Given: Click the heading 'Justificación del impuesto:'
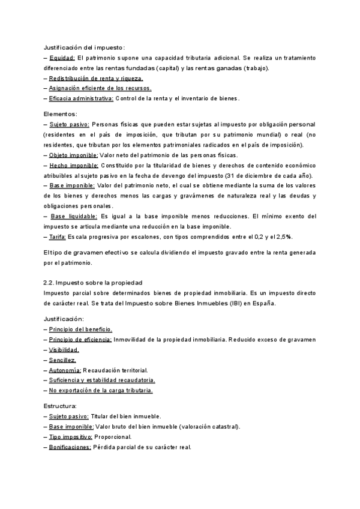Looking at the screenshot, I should [85, 47].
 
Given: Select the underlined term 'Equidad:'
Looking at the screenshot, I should [62, 58].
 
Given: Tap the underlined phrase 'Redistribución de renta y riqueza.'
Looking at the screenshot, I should [96, 78].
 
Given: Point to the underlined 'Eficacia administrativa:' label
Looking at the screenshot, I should [81, 98].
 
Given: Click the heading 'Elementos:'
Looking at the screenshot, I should [60, 114].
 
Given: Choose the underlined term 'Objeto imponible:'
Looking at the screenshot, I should [74, 155].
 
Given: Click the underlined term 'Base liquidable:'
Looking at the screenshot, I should [74, 216].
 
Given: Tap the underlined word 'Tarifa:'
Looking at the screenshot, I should [59, 236].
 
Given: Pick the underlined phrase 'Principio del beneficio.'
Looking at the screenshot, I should [80, 330].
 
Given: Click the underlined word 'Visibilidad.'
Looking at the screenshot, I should [64, 350].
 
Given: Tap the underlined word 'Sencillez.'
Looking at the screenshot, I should [62, 360].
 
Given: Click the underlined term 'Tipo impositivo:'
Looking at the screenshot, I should [71, 437].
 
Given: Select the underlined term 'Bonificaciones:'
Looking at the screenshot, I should [70, 447].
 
